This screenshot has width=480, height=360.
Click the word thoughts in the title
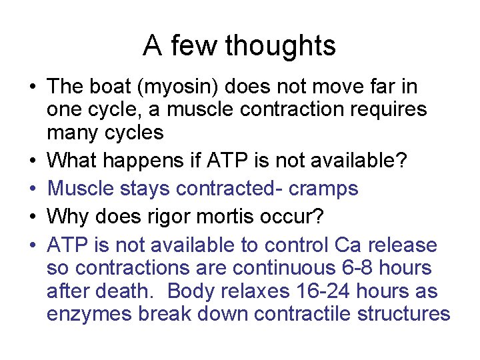click(280, 46)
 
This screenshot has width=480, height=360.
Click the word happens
click(157, 160)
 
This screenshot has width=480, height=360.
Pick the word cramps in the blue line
click(323, 189)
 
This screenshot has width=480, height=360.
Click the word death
click(128, 291)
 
